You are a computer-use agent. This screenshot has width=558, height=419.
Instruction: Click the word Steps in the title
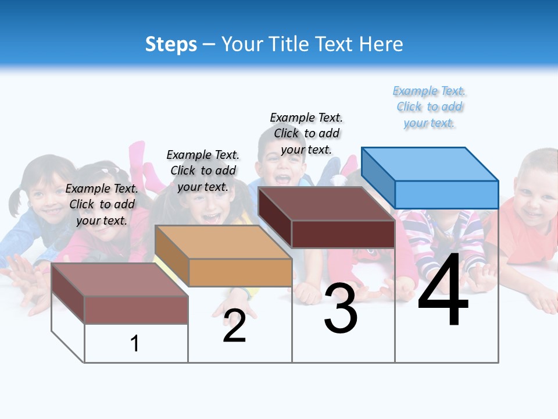171,44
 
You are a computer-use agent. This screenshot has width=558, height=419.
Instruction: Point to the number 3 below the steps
340,308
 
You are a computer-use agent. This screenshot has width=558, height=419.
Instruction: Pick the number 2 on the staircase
234,326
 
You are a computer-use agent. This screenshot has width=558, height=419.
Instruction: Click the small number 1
135,343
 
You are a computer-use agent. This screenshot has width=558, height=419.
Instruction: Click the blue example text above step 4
430,107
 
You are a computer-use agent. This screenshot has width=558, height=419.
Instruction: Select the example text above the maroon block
306,133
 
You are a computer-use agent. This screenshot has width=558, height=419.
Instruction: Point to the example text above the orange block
203,171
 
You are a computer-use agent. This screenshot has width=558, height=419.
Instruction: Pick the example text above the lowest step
102,204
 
